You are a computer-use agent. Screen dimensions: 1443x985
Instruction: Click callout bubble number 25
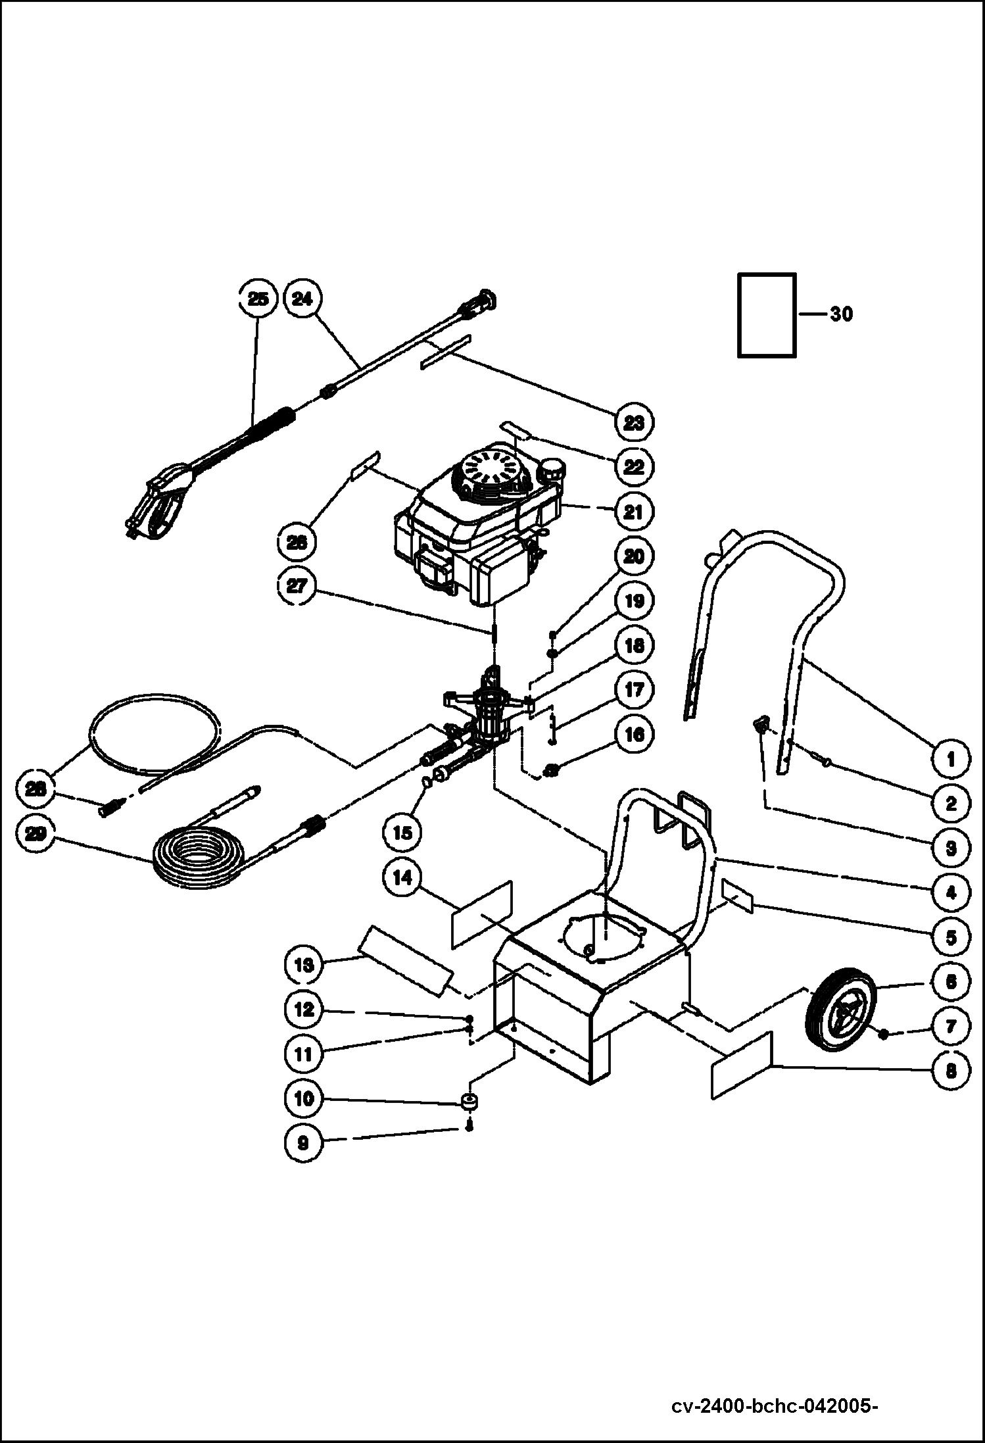[x=258, y=299]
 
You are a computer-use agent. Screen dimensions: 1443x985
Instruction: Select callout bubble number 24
[x=302, y=299]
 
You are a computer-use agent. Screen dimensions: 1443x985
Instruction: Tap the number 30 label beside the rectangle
[x=840, y=315]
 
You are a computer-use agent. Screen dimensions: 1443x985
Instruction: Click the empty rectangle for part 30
[x=767, y=315]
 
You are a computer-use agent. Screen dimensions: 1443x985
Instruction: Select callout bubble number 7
[x=951, y=1026]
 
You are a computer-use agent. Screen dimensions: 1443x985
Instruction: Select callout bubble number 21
[x=633, y=512]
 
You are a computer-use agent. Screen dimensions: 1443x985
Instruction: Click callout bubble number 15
[x=402, y=833]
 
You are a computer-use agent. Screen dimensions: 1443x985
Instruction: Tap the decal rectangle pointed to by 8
[x=741, y=1065]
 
